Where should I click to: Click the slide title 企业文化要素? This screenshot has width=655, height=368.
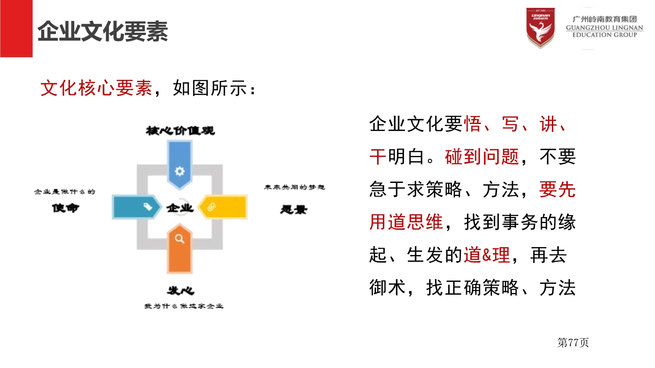coord(103,31)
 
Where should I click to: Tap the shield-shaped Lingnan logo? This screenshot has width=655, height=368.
coord(540,28)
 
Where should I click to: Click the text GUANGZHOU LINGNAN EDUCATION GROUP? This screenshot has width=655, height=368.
coord(604,31)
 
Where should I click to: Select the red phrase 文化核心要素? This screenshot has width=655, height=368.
coord(96,88)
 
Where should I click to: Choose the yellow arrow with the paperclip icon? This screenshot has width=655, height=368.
coord(224,207)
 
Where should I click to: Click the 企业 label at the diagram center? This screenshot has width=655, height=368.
coord(179,208)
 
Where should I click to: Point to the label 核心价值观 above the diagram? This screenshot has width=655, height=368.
coord(180,131)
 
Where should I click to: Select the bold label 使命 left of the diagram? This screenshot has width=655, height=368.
coord(65,208)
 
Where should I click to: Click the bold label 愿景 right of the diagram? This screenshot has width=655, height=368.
coord(293,210)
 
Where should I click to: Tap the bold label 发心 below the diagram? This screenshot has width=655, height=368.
coord(180,291)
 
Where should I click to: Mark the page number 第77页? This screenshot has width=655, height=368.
coord(573,343)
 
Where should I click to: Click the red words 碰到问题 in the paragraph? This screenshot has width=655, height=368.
coord(482,157)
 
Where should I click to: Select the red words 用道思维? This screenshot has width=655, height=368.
coord(406,222)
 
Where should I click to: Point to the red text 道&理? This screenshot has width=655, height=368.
coord(487,255)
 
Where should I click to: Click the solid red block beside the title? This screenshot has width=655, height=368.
coord(16,28)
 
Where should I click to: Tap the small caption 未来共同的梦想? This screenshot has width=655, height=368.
coord(294,187)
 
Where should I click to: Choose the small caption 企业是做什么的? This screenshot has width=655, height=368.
coord(65,192)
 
